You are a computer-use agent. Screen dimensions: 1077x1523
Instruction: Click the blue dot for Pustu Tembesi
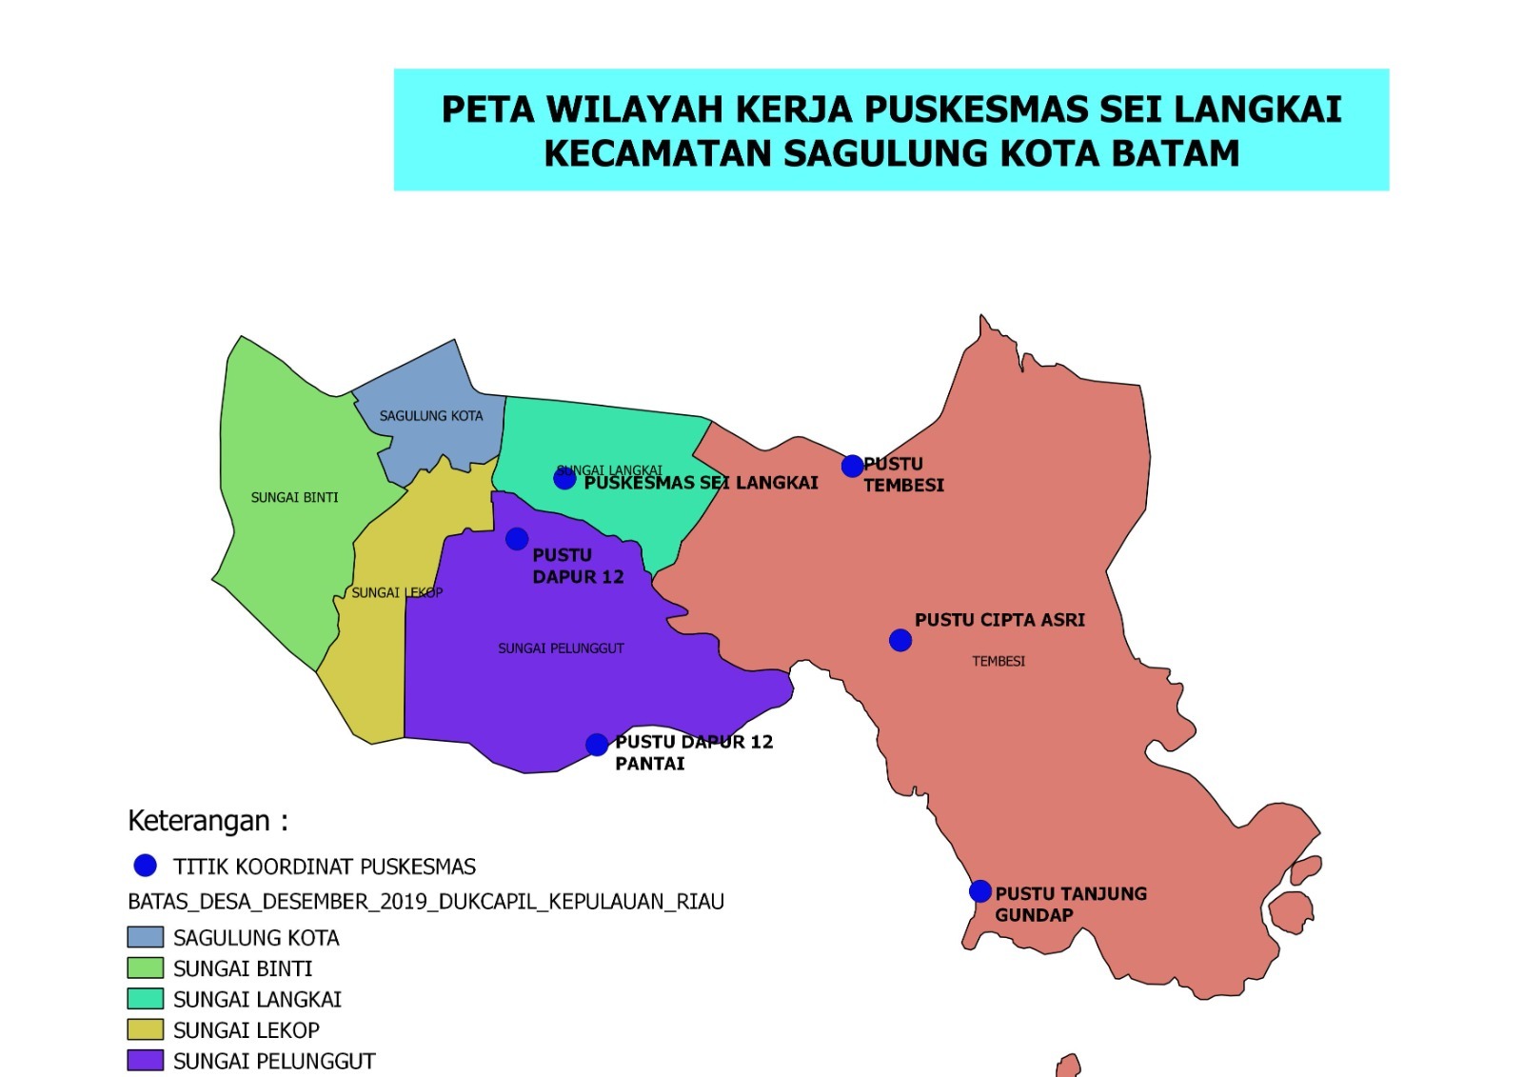[x=852, y=466]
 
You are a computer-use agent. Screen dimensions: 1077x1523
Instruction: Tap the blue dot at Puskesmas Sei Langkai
[x=564, y=478]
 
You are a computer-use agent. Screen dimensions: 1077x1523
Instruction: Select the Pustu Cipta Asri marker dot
[x=900, y=641]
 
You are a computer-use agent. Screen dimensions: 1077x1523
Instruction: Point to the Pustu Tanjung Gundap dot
[x=980, y=891]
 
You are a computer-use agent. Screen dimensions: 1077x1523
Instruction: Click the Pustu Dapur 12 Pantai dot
[x=597, y=745]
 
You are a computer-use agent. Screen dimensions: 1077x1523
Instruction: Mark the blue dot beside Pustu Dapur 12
[x=517, y=539]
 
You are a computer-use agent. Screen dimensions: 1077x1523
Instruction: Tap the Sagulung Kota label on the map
[x=431, y=416]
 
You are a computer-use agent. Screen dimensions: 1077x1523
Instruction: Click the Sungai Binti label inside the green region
[x=294, y=497]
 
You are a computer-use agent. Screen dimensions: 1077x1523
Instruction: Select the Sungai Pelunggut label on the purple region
[x=561, y=648]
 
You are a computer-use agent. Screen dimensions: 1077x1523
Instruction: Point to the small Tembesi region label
[x=999, y=661]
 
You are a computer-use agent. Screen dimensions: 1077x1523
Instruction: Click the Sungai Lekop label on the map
[x=397, y=592]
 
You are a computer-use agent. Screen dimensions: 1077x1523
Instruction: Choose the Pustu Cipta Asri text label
[x=999, y=620]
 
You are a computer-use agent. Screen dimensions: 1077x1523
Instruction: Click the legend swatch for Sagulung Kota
[x=145, y=937]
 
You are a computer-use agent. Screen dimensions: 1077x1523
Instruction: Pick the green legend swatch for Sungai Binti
[x=145, y=967]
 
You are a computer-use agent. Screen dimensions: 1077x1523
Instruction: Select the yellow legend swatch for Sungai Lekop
[x=145, y=1029]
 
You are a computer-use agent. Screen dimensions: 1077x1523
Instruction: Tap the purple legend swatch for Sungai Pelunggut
[x=145, y=1060]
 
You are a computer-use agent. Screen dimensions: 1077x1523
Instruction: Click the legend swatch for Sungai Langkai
[x=145, y=998]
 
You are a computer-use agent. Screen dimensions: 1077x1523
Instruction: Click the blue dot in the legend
[x=145, y=866]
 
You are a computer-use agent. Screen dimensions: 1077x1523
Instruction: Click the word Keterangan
[x=199, y=821]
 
